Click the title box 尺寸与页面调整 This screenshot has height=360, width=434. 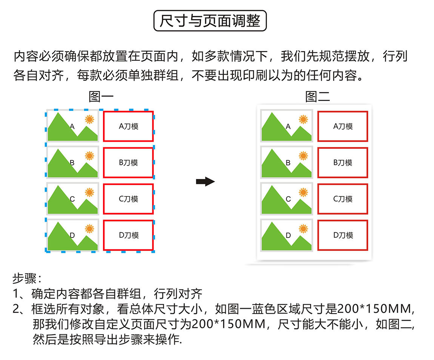[210, 21]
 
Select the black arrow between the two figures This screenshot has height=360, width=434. [205, 181]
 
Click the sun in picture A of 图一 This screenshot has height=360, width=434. [89, 119]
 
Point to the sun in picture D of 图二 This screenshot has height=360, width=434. [303, 229]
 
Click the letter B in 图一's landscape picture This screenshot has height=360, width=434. [72, 162]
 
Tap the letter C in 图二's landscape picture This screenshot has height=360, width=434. [288, 199]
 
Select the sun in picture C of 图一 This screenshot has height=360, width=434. [89, 192]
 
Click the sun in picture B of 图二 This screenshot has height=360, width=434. [303, 156]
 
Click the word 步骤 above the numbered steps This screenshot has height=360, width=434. [25, 278]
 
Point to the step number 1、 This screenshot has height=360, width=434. [18, 294]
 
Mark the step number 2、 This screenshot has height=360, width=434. [19, 309]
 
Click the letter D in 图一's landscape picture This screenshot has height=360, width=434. [72, 235]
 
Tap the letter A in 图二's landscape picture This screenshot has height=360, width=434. [288, 126]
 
